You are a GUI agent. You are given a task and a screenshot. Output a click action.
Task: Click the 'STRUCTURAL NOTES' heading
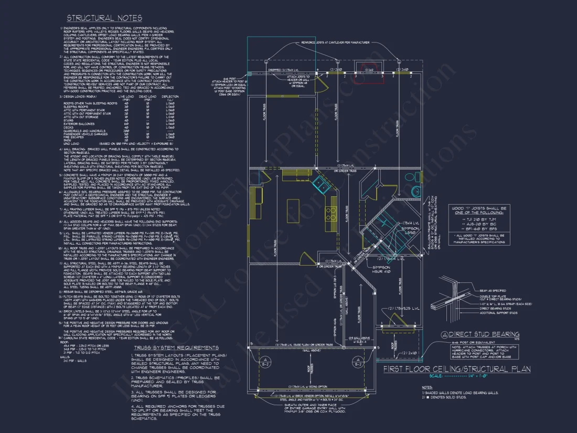click(x=104, y=18)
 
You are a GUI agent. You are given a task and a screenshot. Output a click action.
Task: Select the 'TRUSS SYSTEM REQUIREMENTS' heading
click(x=176, y=347)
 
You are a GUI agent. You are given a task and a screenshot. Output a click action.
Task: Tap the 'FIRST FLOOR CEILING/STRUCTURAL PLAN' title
click(x=456, y=369)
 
